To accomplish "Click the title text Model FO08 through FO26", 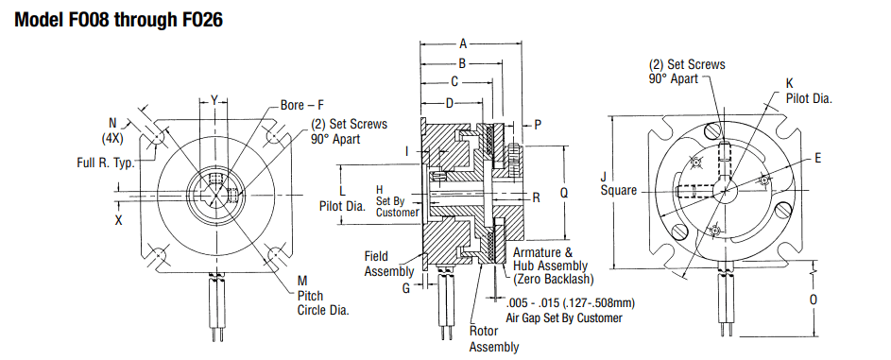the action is point(118,20).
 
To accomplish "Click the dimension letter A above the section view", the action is point(463,43).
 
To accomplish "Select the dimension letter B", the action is point(462,63).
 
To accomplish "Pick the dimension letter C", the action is point(454,82).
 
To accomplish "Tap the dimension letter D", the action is point(450,103).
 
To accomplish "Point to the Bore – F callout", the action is point(301,105).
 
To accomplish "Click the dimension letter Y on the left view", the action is point(214,100).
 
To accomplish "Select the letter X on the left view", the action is point(118,220).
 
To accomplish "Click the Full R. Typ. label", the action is point(106,163).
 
